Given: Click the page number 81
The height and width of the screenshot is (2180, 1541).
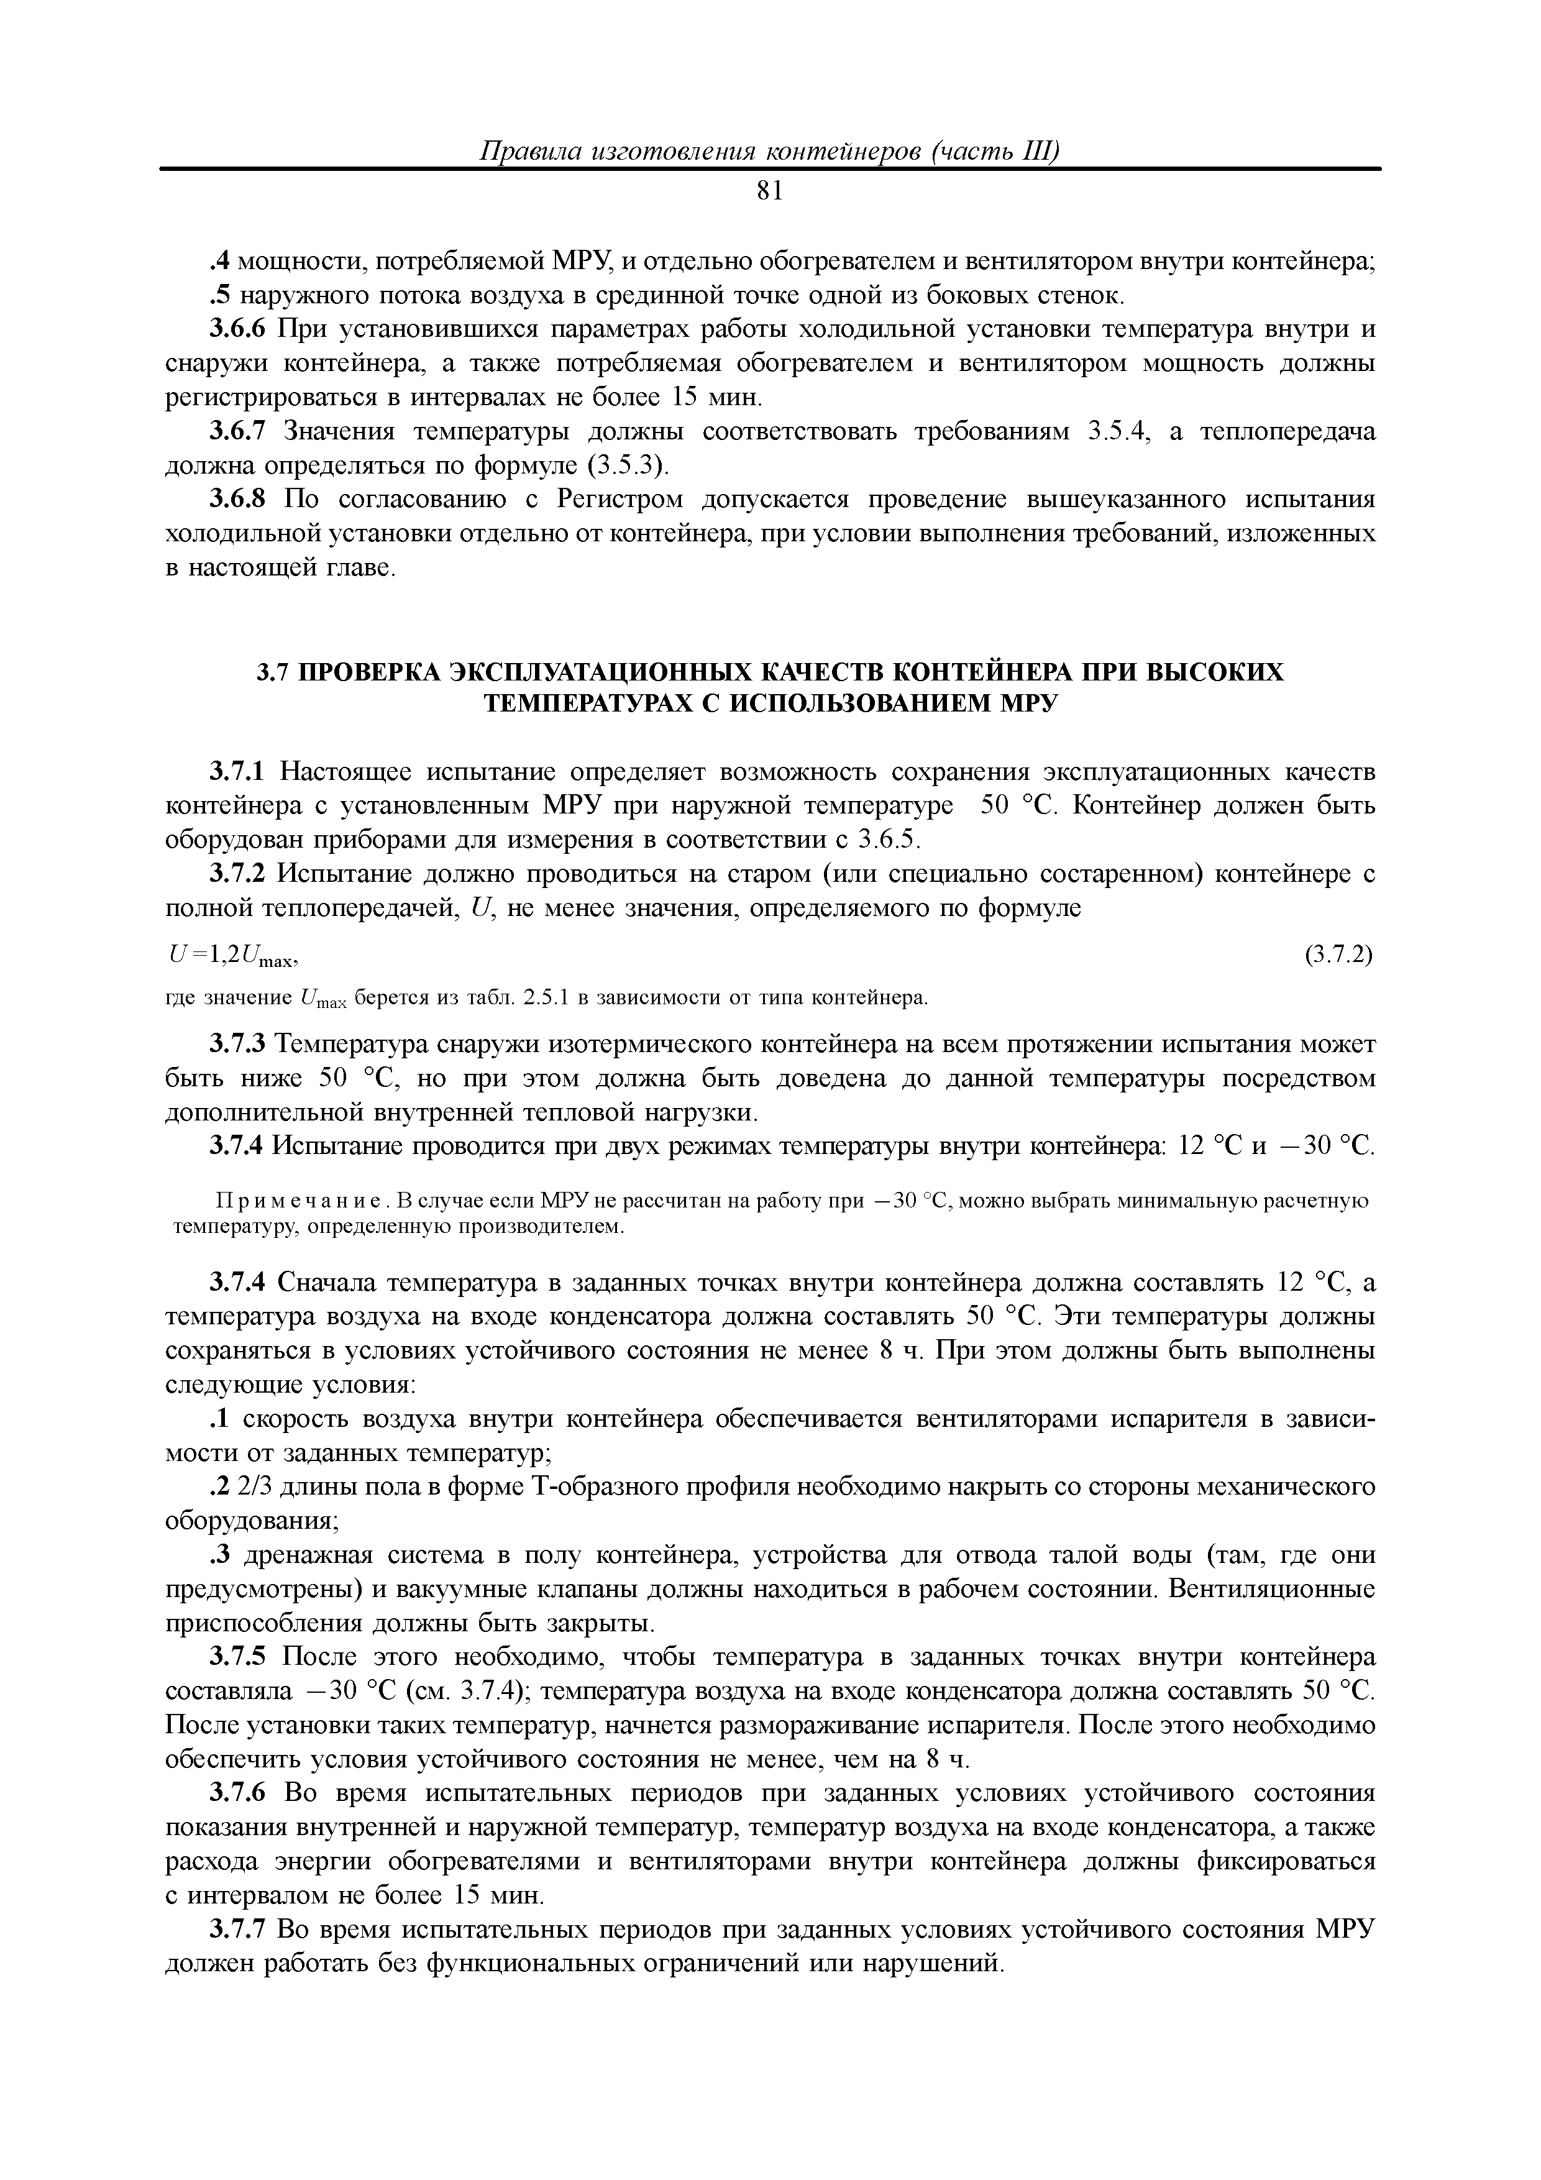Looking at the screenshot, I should point(770,192).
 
